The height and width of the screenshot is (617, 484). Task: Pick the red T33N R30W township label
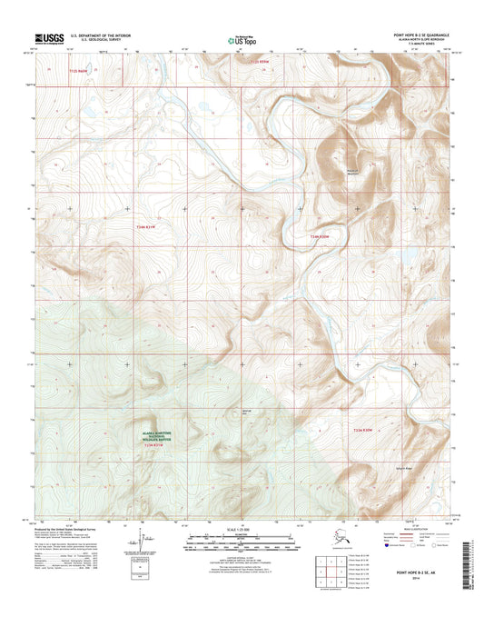[x=363, y=429]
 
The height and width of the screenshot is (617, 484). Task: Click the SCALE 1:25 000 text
[x=241, y=529]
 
